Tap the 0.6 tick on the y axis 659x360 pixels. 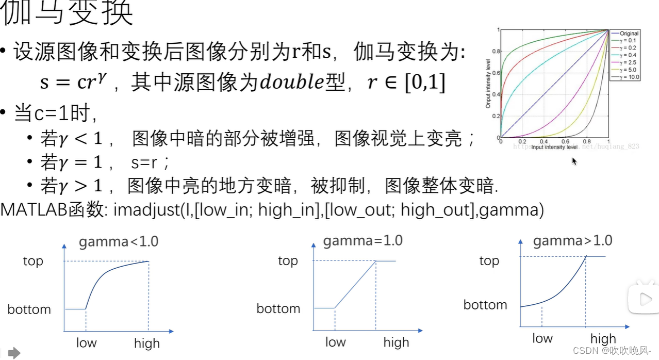(496, 73)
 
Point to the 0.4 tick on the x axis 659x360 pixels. (543, 142)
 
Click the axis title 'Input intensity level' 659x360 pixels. (554, 147)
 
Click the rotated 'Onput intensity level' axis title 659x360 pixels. (488, 84)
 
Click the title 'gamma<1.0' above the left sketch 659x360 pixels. (118, 241)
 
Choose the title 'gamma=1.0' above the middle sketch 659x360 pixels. (363, 241)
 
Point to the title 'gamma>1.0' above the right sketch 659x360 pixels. (572, 241)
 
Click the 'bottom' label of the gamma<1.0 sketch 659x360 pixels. (29, 309)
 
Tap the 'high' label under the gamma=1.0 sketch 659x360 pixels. (396, 342)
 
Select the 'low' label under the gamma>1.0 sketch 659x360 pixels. (542, 338)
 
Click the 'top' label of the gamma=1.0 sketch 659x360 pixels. (288, 260)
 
